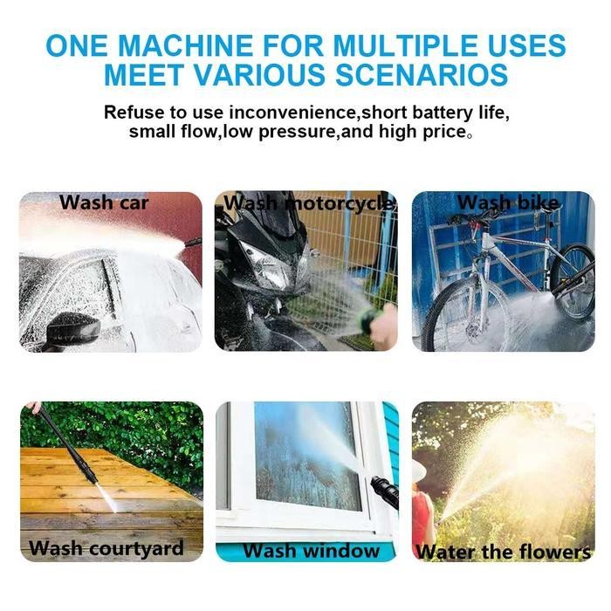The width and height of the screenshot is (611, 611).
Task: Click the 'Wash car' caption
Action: pos(104,203)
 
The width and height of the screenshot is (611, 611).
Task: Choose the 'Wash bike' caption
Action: pos(508,203)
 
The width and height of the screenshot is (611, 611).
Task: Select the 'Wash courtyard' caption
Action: pos(106,549)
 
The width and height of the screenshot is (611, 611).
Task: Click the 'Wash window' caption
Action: pos(312,551)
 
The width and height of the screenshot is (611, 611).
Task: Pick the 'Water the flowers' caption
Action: pos(504,552)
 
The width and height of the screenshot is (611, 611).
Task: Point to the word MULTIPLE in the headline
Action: pos(364,45)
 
